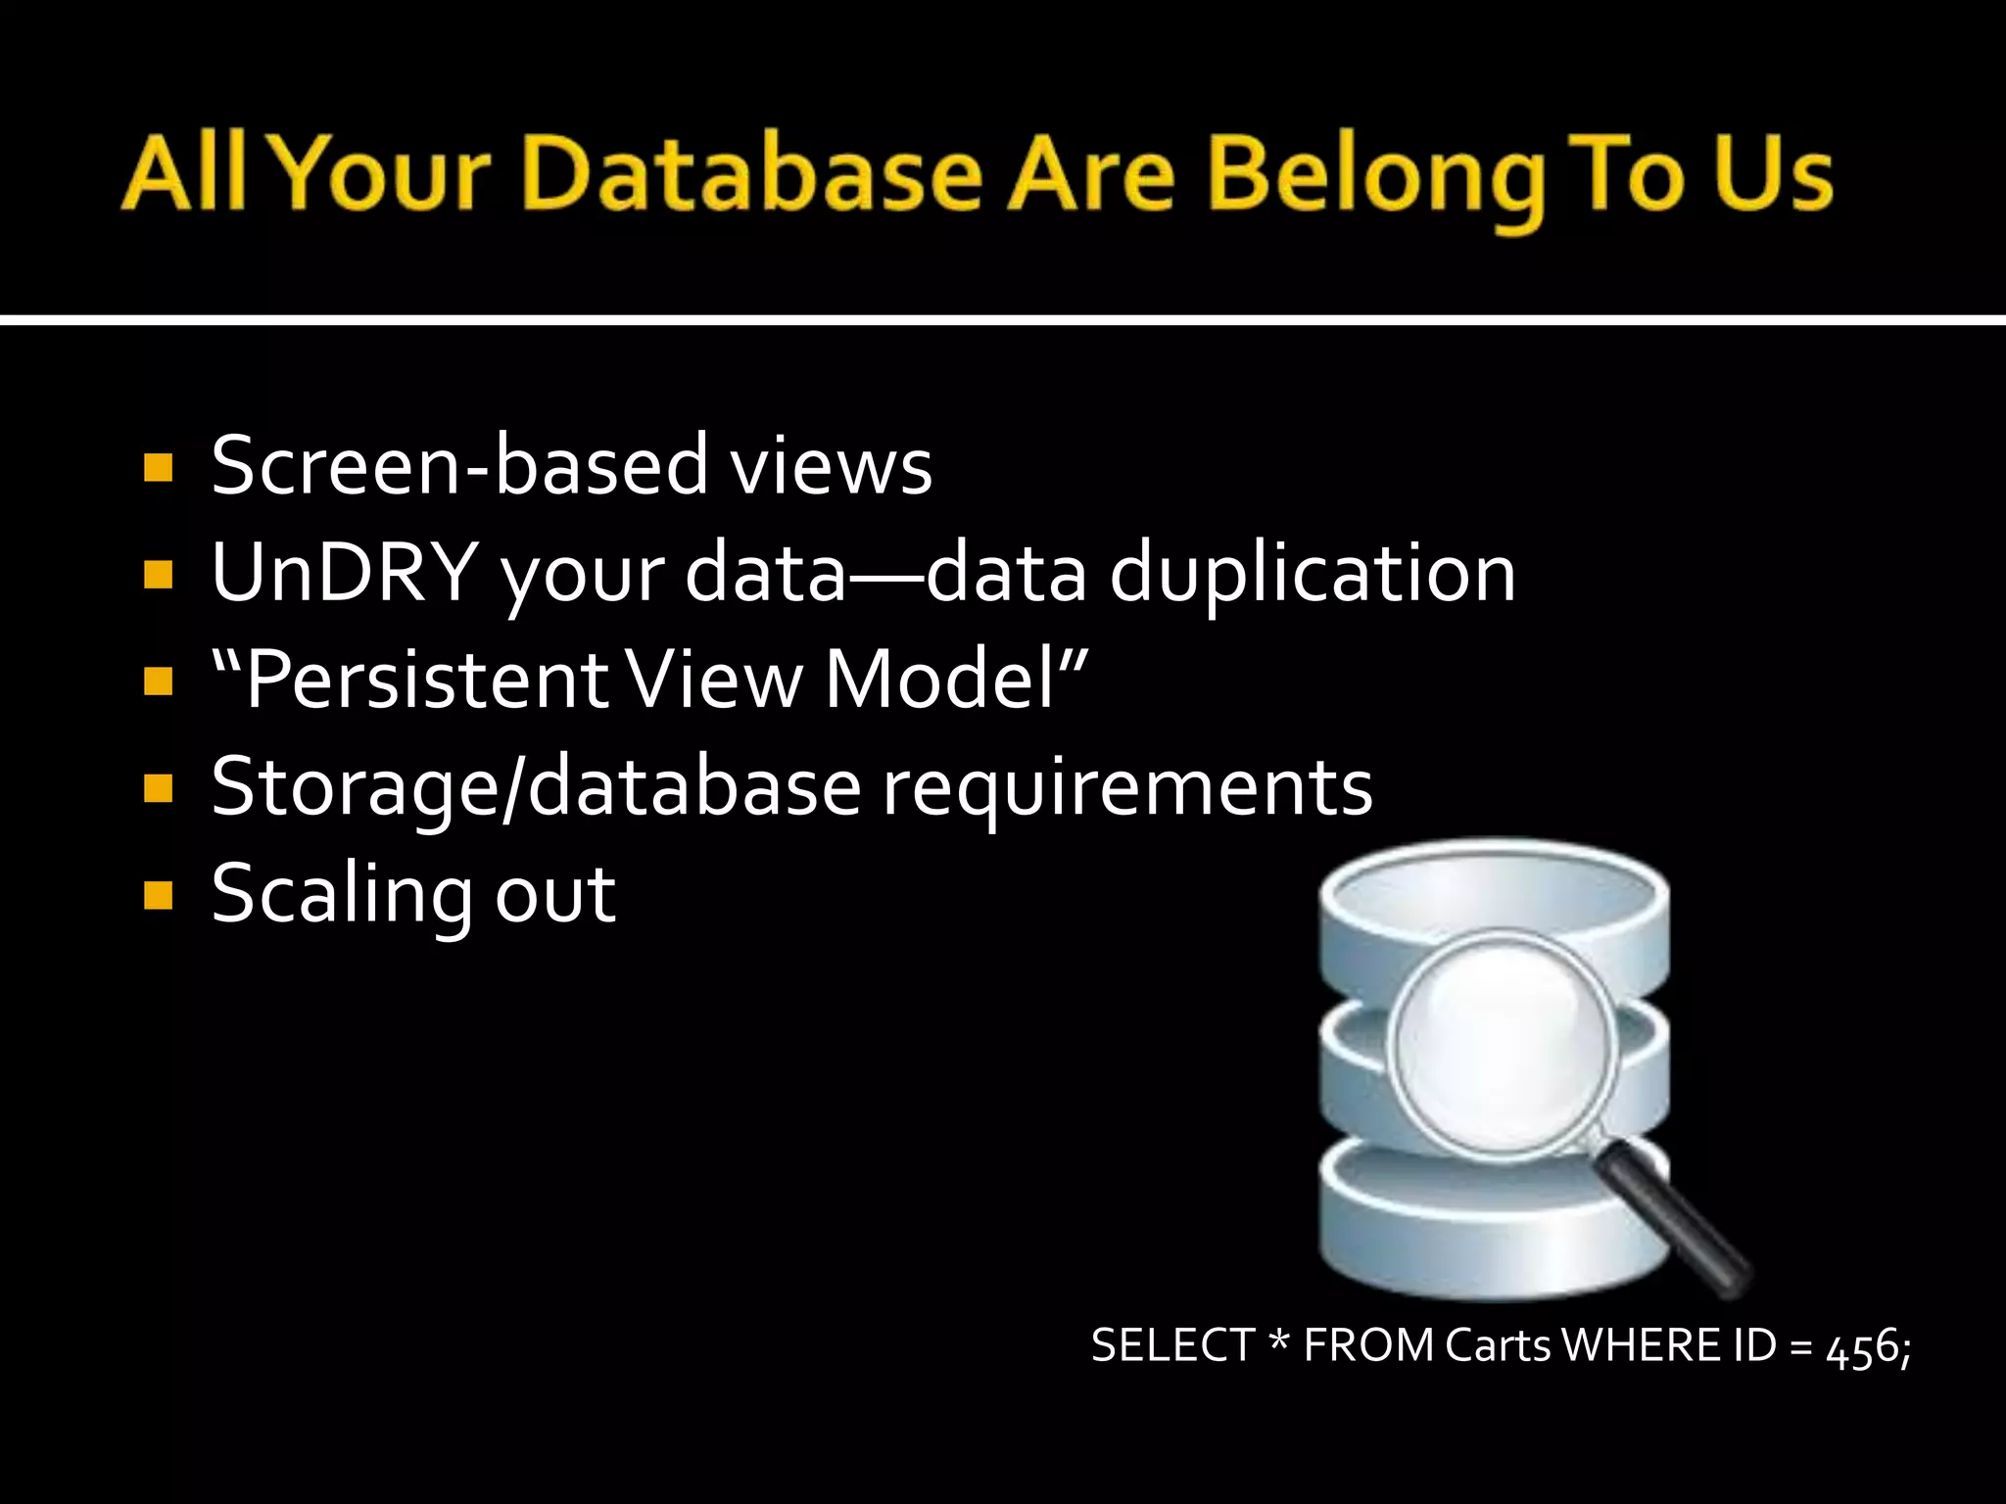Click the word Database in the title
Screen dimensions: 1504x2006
[751, 174]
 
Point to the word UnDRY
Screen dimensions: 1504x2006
[344, 572]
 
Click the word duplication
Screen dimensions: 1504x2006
[1312, 576]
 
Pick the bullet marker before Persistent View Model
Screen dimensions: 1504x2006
[158, 681]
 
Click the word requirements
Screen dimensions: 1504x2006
[1127, 789]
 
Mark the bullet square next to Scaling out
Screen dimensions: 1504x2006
[158, 895]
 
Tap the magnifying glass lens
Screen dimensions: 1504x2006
[1504, 1042]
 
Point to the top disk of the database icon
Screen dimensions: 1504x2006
[1494, 896]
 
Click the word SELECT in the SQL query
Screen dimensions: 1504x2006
[1172, 1345]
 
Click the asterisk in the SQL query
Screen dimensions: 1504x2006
[1278, 1341]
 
